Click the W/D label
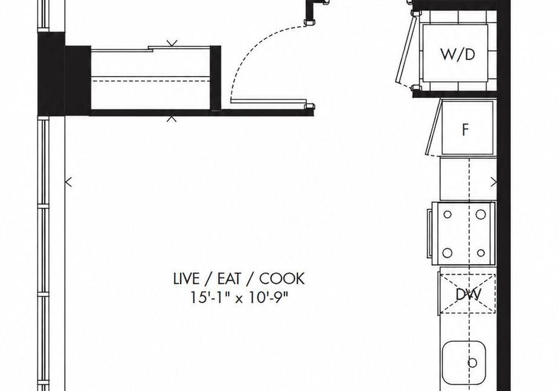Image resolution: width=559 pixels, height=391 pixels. [x=458, y=55]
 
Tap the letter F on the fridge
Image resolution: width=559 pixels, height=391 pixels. [x=465, y=129]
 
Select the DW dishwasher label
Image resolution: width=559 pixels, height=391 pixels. [x=469, y=294]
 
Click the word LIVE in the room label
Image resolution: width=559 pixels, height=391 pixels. [x=186, y=278]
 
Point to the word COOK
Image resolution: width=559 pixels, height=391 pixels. [x=282, y=278]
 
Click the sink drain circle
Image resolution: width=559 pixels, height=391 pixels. [x=472, y=363]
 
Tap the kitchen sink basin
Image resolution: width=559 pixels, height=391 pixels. [x=464, y=362]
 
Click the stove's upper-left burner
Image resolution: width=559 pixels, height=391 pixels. [x=447, y=214]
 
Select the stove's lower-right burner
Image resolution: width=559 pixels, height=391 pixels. [x=481, y=253]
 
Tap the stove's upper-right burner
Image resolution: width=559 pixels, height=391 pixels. [x=481, y=214]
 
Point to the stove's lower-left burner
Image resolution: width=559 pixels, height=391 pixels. [x=447, y=253]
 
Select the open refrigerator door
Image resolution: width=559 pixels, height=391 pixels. [x=434, y=128]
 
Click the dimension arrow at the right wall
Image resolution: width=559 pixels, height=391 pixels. [x=494, y=182]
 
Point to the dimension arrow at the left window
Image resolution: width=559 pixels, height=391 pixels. [x=68, y=182]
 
